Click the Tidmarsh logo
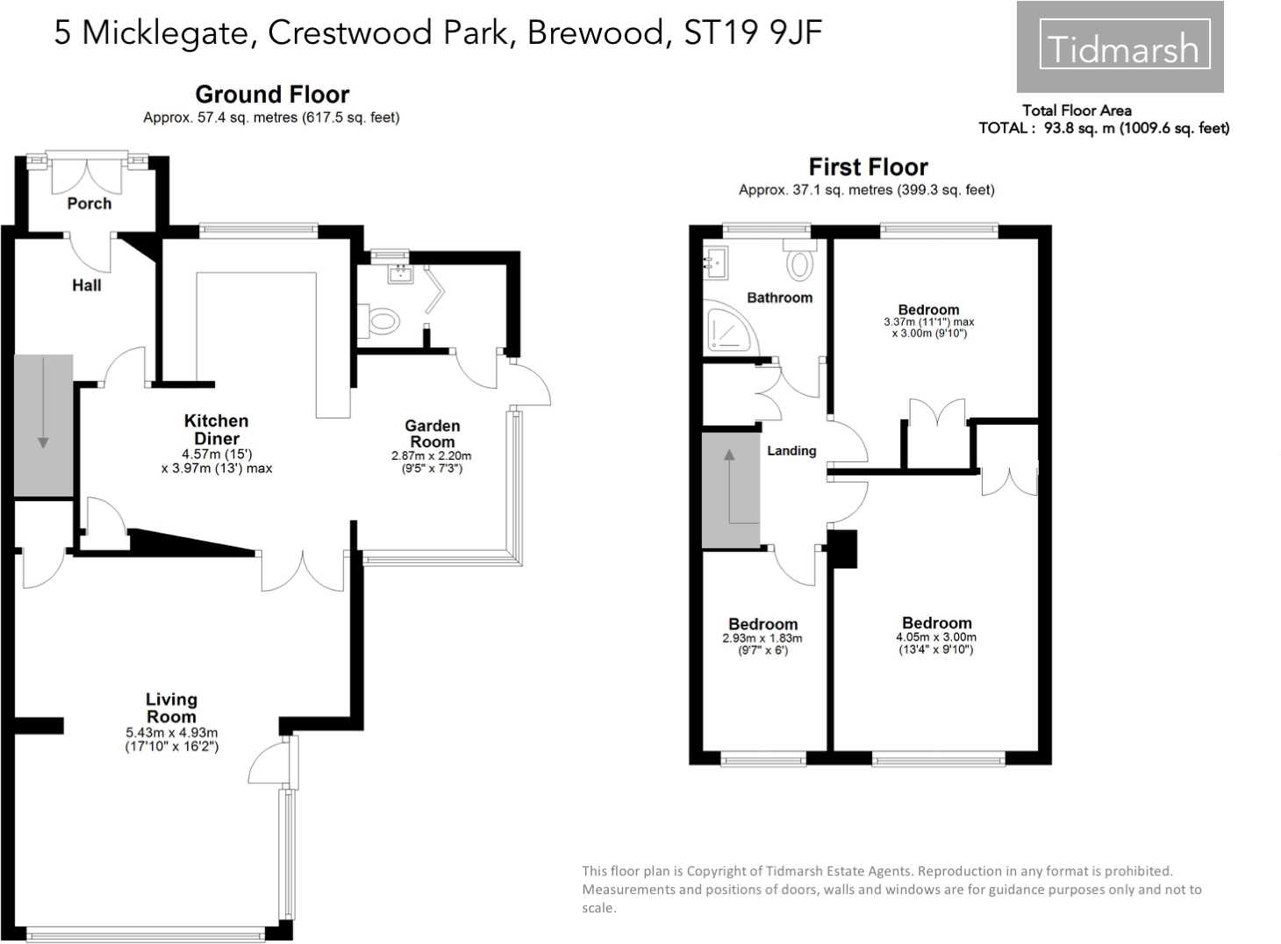tap(1120, 47)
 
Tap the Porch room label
tap(89, 204)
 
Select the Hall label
tap(86, 285)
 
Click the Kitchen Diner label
tap(216, 430)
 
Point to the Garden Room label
tap(432, 433)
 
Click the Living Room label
tap(171, 707)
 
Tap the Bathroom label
tap(779, 297)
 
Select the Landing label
tap(791, 450)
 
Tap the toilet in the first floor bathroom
tap(799, 263)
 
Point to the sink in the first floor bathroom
tap(715, 261)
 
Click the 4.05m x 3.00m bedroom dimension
tap(936, 643)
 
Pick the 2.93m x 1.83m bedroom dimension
tap(762, 644)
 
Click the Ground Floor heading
tap(272, 94)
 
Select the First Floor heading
tap(868, 167)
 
